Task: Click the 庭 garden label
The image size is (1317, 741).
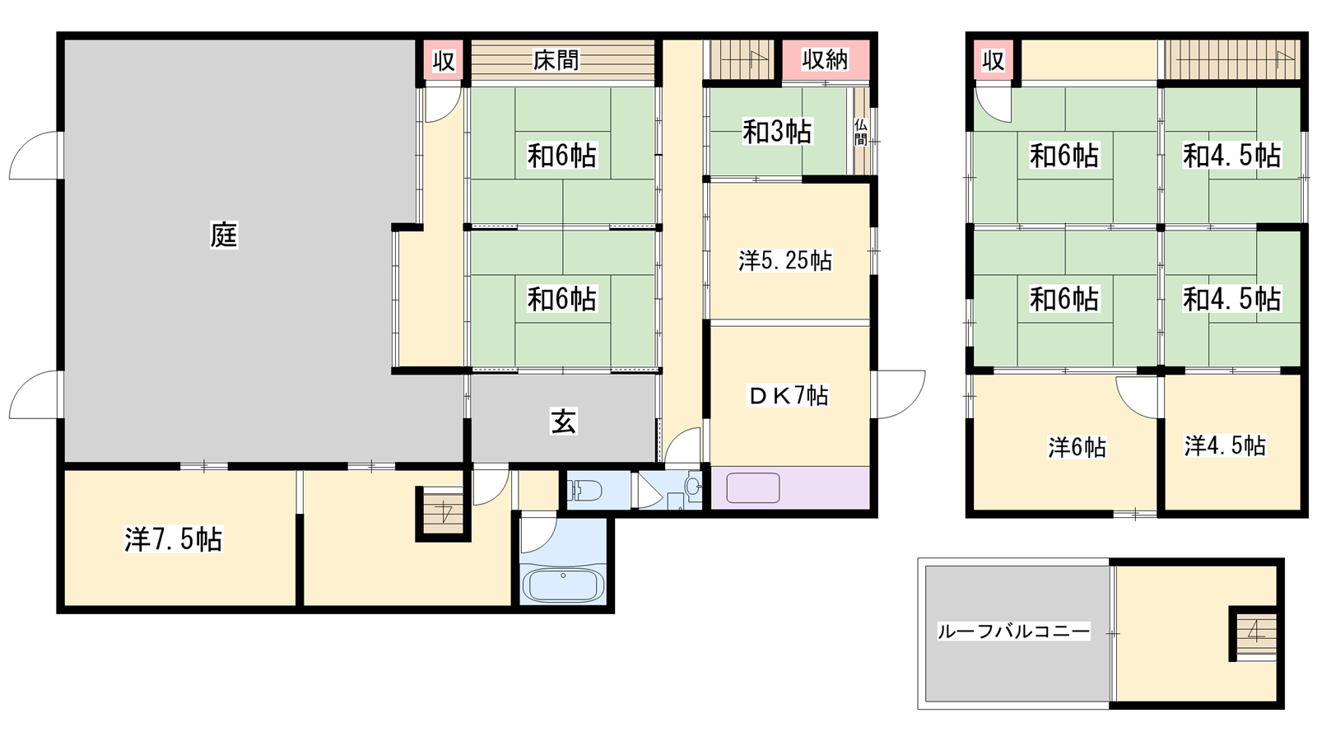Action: coord(224,235)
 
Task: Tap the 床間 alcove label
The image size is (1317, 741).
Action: coord(556,59)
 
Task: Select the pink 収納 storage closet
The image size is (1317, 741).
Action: coord(826,59)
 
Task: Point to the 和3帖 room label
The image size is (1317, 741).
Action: coord(777,132)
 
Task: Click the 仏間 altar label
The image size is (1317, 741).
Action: coord(861,133)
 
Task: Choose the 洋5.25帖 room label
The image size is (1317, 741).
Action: coord(785,260)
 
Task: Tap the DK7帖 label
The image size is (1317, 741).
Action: coord(788,395)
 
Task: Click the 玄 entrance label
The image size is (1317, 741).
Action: coord(563,421)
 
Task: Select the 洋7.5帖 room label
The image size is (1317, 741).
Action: coord(174,539)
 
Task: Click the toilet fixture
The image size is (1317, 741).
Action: coord(584,490)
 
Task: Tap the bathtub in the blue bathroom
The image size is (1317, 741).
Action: coord(563,584)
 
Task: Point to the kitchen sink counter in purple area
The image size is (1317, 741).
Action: coord(753,488)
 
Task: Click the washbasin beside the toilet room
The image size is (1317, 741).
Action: coord(694,487)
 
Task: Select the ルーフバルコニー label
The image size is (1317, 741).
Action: coord(1013,631)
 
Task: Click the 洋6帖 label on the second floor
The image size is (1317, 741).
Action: coord(1077,448)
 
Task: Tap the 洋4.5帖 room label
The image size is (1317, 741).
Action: coord(1226,445)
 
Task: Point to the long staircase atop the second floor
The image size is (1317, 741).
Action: coord(1232,59)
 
